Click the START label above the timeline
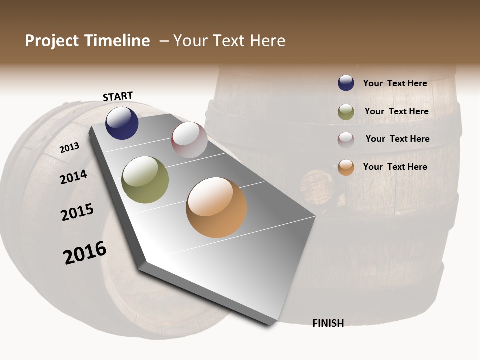coord(118,96)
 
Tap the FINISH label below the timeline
coord(328,323)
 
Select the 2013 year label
coord(69,147)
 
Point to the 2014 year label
coord(73,177)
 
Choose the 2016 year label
coord(85,253)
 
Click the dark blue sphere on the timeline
coord(122,123)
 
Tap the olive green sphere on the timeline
coord(145,180)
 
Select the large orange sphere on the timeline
coord(216,207)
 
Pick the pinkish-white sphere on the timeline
coord(189,140)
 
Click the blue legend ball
coord(346,83)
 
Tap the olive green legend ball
coord(346,112)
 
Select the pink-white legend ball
coord(346,140)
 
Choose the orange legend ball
coord(346,167)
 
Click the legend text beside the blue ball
coord(395,83)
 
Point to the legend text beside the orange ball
coord(395,167)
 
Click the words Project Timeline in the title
coord(87,41)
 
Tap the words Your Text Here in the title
coord(229,41)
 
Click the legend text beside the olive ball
coord(396,111)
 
